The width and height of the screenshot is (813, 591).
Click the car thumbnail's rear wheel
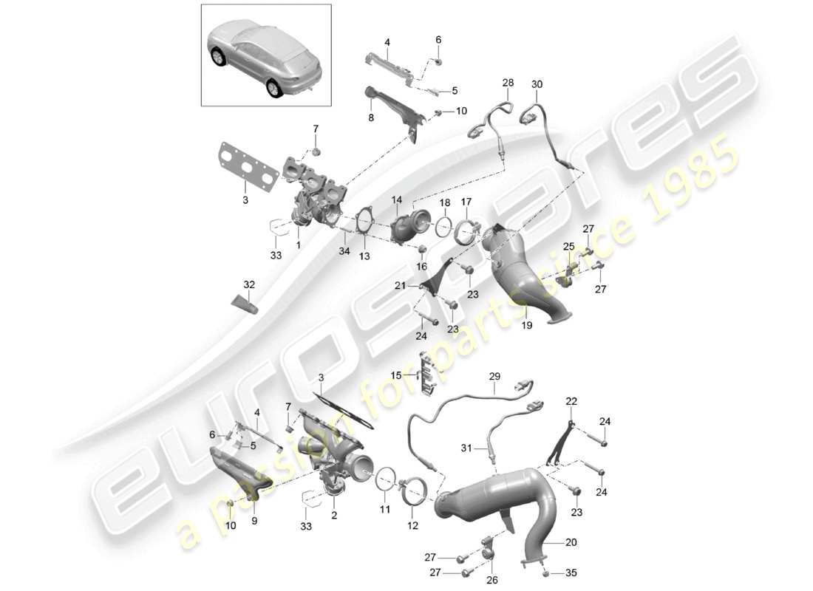(275, 87)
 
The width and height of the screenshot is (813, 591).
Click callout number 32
(248, 284)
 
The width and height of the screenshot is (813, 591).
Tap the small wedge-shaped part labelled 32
(246, 304)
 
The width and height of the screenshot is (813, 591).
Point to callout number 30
(537, 84)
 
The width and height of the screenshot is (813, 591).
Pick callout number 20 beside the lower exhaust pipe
(571, 542)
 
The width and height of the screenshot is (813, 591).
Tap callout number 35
(570, 572)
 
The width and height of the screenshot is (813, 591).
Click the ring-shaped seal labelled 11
(384, 478)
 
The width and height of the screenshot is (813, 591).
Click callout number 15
(395, 375)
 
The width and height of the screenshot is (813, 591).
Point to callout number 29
(494, 376)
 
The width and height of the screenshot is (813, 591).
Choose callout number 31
(466, 447)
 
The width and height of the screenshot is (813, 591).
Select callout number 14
(397, 199)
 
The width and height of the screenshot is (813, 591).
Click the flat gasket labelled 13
(364, 225)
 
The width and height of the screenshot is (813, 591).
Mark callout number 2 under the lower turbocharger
(334, 516)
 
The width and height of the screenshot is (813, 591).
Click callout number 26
(493, 579)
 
